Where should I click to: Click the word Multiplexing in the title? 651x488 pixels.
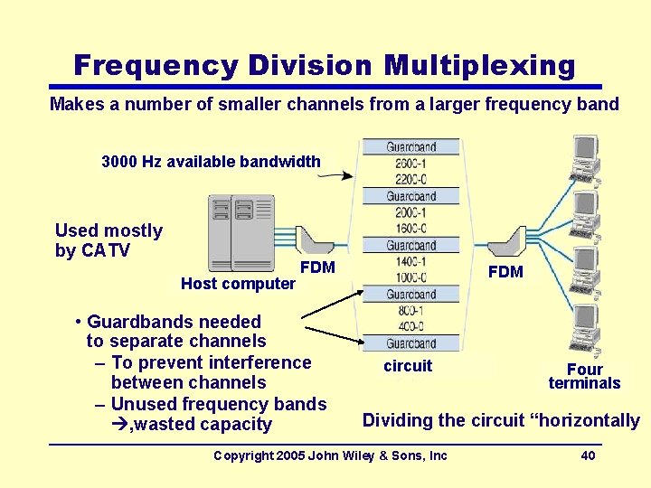[x=479, y=66]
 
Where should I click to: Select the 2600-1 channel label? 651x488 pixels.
[x=411, y=164]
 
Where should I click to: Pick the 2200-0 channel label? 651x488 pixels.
[x=411, y=180]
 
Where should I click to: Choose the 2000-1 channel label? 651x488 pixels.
[x=411, y=212]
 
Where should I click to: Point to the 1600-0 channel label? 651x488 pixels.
[x=411, y=229]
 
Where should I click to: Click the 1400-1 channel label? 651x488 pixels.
[x=411, y=262]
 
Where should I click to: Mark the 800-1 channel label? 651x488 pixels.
[x=411, y=311]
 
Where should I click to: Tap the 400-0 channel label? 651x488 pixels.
[x=411, y=327]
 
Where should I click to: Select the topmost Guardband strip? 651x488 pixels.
[x=411, y=147]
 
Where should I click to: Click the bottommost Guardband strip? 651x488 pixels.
[x=411, y=343]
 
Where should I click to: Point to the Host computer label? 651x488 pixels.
[x=238, y=284]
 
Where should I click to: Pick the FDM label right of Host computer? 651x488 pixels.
[x=317, y=267]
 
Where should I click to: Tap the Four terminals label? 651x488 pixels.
[x=584, y=376]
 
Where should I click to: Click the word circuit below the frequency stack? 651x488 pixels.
[x=408, y=366]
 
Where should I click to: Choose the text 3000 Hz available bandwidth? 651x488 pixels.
[x=211, y=162]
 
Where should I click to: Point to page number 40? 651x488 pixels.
[x=588, y=455]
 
